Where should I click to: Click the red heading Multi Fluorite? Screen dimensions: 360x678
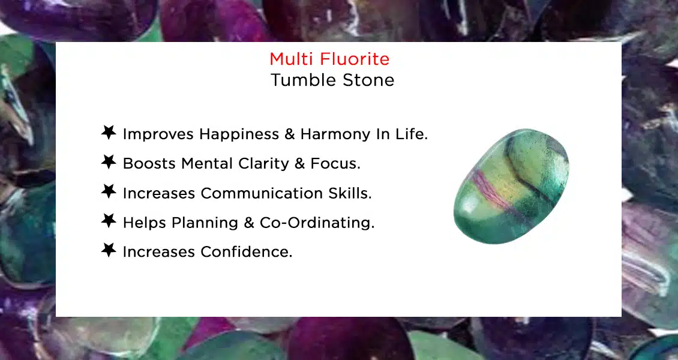click(329, 59)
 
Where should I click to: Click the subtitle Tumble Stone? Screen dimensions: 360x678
click(332, 80)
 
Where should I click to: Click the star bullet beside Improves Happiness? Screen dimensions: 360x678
click(109, 133)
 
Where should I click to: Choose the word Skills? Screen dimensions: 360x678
click(350, 193)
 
